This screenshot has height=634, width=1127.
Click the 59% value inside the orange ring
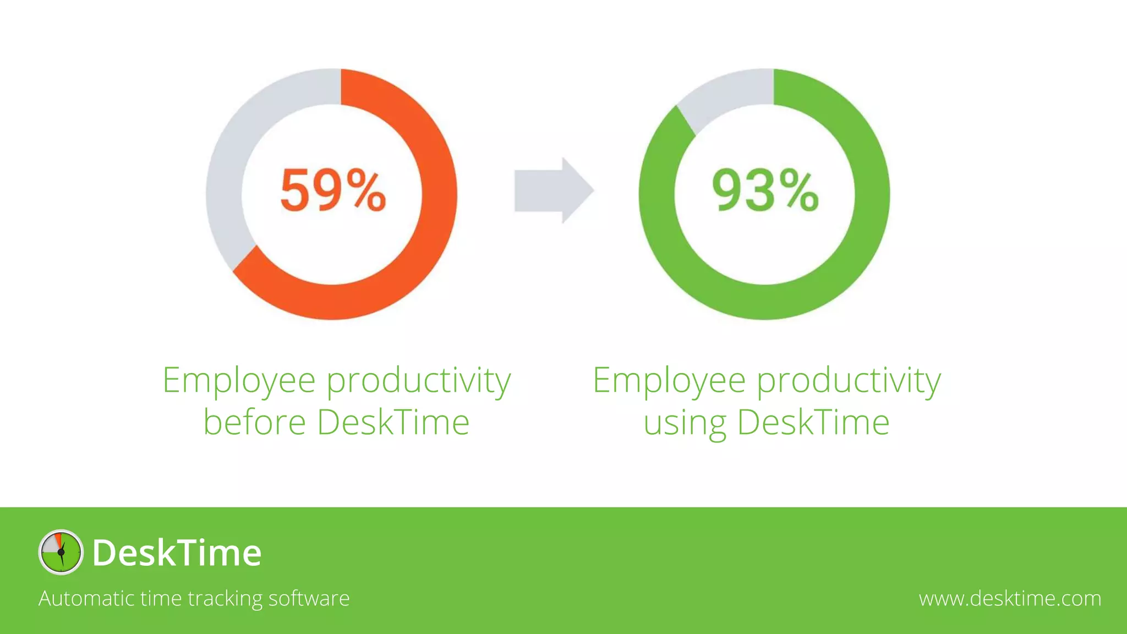click(x=333, y=190)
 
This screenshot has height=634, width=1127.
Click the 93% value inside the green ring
click(x=765, y=190)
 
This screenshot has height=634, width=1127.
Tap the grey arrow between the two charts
click(x=553, y=190)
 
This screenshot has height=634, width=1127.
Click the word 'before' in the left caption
click(x=254, y=422)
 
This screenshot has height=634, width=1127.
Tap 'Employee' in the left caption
click(x=239, y=380)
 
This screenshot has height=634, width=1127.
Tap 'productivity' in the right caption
click(x=849, y=381)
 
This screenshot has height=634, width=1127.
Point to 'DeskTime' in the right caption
click(x=813, y=422)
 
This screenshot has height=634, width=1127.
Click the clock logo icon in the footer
click(x=61, y=552)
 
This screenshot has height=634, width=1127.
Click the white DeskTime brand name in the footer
click(x=177, y=553)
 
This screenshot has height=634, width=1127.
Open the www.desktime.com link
click(x=1010, y=598)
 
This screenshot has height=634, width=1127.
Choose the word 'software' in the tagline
click(x=309, y=598)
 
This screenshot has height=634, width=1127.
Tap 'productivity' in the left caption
click(x=419, y=381)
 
